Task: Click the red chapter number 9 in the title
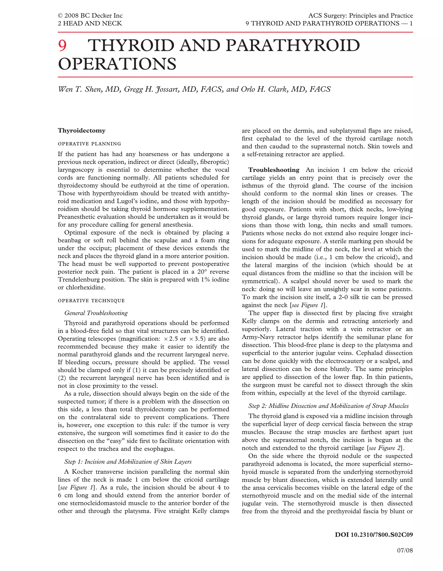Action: pyautogui.click(x=63, y=46)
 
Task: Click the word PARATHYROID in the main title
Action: pyautogui.click(x=292, y=46)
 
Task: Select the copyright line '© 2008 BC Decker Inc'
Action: pyautogui.click(x=90, y=16)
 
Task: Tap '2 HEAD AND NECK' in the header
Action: pyautogui.click(x=90, y=24)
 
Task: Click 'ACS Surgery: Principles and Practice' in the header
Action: pyautogui.click(x=360, y=16)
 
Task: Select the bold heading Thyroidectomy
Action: pyautogui.click(x=82, y=130)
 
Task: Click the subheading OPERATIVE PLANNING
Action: pyautogui.click(x=89, y=144)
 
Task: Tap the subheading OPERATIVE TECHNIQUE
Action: pyautogui.click(x=91, y=301)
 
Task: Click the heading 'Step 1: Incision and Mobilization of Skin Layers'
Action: pyautogui.click(x=128, y=462)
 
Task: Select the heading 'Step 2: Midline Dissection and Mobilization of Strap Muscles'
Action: pyautogui.click(x=328, y=406)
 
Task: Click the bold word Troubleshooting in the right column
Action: pyautogui.click(x=274, y=170)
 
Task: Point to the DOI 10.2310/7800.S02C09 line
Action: pyautogui.click(x=374, y=535)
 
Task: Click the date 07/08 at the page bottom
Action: pyautogui.click(x=405, y=551)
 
